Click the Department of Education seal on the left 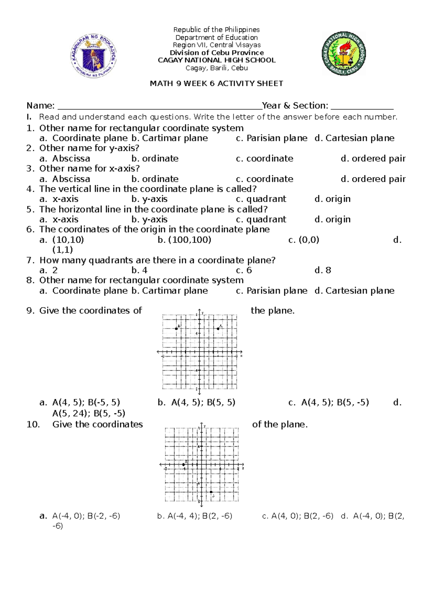tap(93, 56)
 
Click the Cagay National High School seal tap(344, 53)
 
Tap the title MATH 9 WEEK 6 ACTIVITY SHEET tap(216, 84)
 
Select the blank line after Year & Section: tap(362, 106)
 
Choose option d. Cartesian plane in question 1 tap(354, 138)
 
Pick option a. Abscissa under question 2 tap(65, 158)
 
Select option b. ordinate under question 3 tap(155, 179)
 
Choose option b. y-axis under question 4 tap(149, 199)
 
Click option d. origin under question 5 tap(332, 219)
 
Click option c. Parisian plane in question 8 tap(271, 291)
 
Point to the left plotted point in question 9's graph tap(176, 329)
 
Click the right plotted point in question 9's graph tap(218, 329)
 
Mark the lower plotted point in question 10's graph tap(211, 492)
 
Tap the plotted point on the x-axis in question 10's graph tap(184, 465)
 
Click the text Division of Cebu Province tap(216, 53)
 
